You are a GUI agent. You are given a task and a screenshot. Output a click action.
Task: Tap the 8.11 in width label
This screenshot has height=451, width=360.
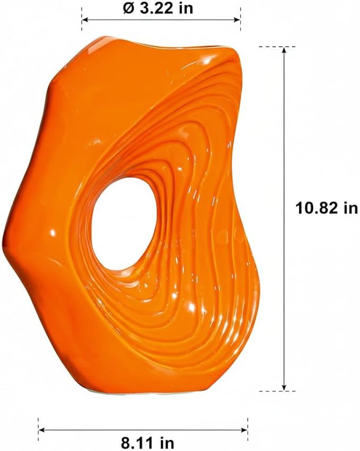(x=147, y=443)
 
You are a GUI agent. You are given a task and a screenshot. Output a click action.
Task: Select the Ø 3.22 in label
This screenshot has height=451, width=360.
(x=158, y=8)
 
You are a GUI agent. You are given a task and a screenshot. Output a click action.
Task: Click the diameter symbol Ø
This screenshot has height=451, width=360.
(x=128, y=8)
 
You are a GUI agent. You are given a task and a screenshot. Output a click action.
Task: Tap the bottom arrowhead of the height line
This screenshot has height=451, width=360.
(x=284, y=387)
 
